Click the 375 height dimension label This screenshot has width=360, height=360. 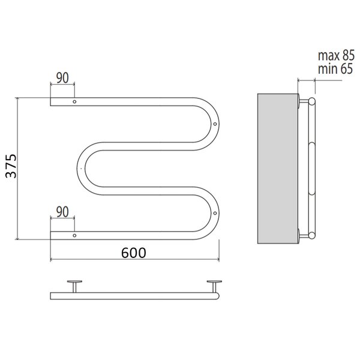(11, 166)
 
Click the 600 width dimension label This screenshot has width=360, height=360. (133, 253)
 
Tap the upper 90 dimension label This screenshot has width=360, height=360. (62, 78)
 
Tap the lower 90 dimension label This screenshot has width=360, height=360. (62, 212)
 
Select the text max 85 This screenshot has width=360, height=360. (336, 56)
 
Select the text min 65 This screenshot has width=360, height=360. (335, 68)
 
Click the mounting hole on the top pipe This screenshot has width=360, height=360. (74, 101)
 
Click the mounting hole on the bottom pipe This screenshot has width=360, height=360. (74, 236)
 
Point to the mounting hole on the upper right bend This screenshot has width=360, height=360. (215, 124)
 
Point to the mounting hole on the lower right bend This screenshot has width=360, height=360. (215, 213)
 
